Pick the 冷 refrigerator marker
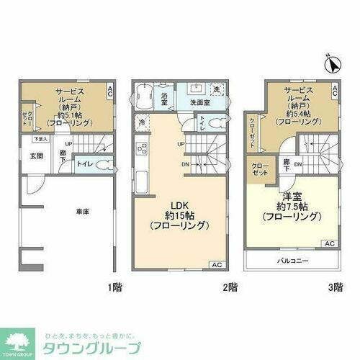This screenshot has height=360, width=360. coord(142,122)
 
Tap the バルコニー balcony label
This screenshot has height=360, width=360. coord(292,260)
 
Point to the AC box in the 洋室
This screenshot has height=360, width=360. coord(330,243)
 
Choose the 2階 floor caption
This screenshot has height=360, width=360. coord(230,287)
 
